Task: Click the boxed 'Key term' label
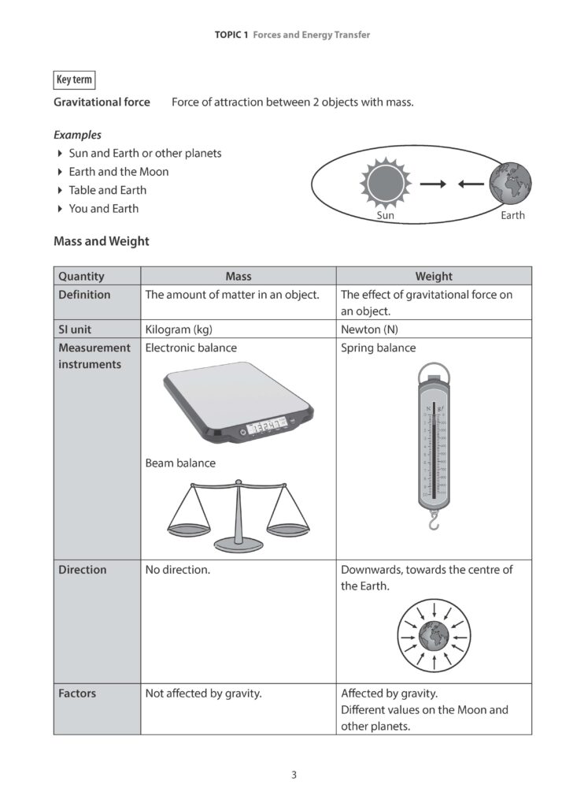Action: pos(75,80)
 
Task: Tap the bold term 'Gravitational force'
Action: pos(102,102)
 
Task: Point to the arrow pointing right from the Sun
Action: pos(432,184)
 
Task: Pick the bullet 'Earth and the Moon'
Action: pos(118,172)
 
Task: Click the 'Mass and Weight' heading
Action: pos(101,241)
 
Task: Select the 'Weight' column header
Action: pos(434,276)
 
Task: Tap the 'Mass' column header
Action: pos(239,276)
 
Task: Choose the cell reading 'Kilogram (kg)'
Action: pos(179,329)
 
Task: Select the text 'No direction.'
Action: pos(177,570)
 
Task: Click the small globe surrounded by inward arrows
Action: pos(434,634)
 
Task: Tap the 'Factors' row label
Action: pos(77,694)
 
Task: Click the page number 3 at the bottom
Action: pos(294,775)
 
